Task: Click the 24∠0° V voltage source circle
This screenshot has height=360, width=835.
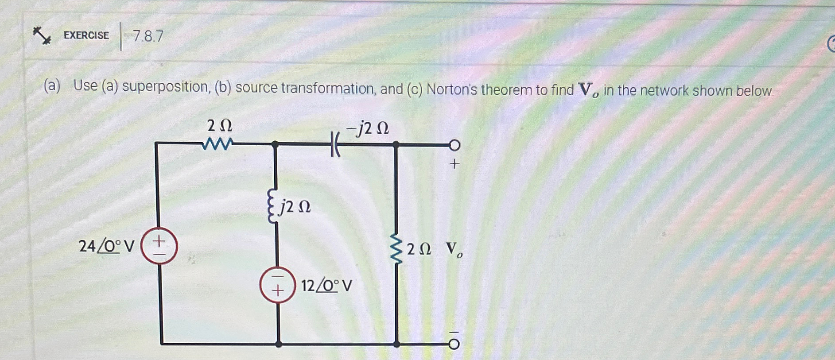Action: coord(159,246)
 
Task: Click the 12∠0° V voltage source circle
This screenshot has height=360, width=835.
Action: coord(277,285)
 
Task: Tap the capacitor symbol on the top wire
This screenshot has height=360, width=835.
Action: coord(335,145)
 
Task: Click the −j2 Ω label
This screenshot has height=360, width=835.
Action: coord(368,128)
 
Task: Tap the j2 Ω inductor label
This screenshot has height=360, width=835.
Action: coord(295,206)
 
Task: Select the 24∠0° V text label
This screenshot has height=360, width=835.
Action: coord(106,246)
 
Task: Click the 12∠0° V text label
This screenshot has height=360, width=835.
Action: coord(327,286)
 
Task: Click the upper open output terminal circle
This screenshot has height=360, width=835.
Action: coord(454,145)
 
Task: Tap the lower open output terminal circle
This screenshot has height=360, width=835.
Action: coord(454,344)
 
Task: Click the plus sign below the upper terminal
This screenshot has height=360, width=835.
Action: coord(454,164)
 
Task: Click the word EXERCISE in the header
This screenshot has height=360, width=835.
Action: coord(86,35)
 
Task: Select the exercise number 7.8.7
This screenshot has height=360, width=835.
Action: coord(148,36)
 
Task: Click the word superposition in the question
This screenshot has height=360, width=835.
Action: coord(165,87)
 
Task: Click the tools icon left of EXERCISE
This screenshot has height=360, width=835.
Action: coord(42,35)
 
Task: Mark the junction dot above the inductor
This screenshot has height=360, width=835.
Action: coord(275,144)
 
